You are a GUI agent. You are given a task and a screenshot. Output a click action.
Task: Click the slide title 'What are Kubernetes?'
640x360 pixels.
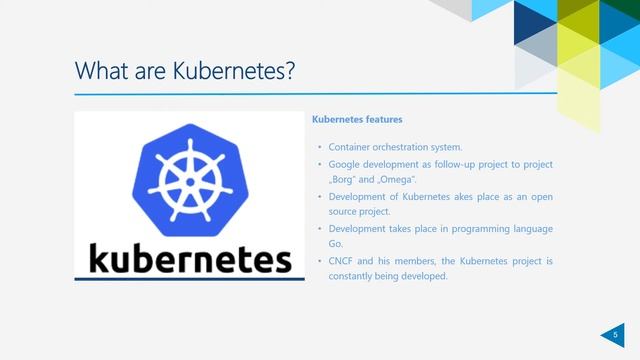point(185,72)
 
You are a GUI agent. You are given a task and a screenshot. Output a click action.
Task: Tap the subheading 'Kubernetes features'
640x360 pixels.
point(357,120)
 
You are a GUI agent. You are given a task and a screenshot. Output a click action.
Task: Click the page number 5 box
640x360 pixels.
point(616,335)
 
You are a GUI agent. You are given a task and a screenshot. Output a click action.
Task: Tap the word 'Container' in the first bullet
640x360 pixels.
point(349,147)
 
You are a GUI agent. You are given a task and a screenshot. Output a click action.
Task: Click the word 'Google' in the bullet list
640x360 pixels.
point(347,164)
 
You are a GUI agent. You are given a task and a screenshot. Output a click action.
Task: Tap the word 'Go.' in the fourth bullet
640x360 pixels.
point(336,244)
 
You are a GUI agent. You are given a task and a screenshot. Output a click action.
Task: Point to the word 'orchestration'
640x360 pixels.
point(405,147)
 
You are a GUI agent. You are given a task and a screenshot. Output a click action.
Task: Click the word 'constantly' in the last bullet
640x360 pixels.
point(349,277)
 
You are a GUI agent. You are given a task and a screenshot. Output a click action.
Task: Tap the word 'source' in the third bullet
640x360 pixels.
point(343,212)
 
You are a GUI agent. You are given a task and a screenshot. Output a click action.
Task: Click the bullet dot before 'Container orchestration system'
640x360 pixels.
point(318,147)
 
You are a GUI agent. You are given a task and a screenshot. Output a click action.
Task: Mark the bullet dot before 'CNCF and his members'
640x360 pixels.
point(318,261)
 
